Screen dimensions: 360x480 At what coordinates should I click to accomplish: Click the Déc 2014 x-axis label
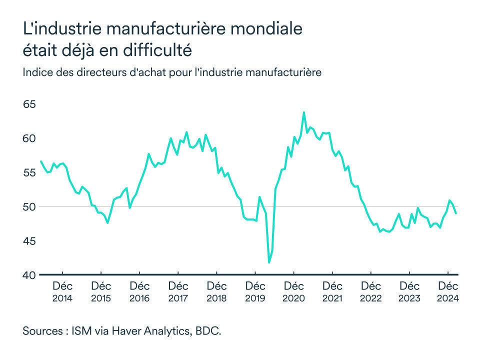62,292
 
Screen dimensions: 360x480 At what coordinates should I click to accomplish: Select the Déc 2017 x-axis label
178,292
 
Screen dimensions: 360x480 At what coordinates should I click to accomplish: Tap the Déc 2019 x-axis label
255,292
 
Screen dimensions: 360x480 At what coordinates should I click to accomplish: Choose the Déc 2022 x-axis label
370,292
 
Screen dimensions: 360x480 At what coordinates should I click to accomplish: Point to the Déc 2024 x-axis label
448,292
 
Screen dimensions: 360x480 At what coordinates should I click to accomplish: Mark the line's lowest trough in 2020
269,262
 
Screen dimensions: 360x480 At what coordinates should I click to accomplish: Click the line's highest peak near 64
303,112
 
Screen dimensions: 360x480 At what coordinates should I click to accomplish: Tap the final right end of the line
456,213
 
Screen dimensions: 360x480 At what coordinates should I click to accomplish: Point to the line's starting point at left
40,161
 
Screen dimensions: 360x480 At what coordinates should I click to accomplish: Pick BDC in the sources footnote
208,331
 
